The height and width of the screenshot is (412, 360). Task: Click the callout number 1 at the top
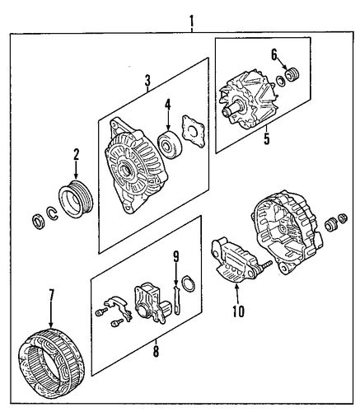191,21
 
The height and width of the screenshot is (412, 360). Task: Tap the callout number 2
76,154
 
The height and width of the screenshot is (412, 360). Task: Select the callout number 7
52,295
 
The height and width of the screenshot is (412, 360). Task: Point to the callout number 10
238,311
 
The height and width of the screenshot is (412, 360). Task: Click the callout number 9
176,257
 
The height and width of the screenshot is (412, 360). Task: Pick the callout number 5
267,138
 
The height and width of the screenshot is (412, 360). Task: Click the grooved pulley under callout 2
76,199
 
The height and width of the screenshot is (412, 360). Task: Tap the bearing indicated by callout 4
170,144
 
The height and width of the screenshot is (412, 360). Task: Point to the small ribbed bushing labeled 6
292,74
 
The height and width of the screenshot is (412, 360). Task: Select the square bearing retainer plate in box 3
194,131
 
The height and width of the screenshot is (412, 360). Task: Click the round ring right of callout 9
189,283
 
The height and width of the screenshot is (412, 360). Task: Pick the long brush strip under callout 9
176,300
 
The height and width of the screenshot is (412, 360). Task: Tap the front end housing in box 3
136,166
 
